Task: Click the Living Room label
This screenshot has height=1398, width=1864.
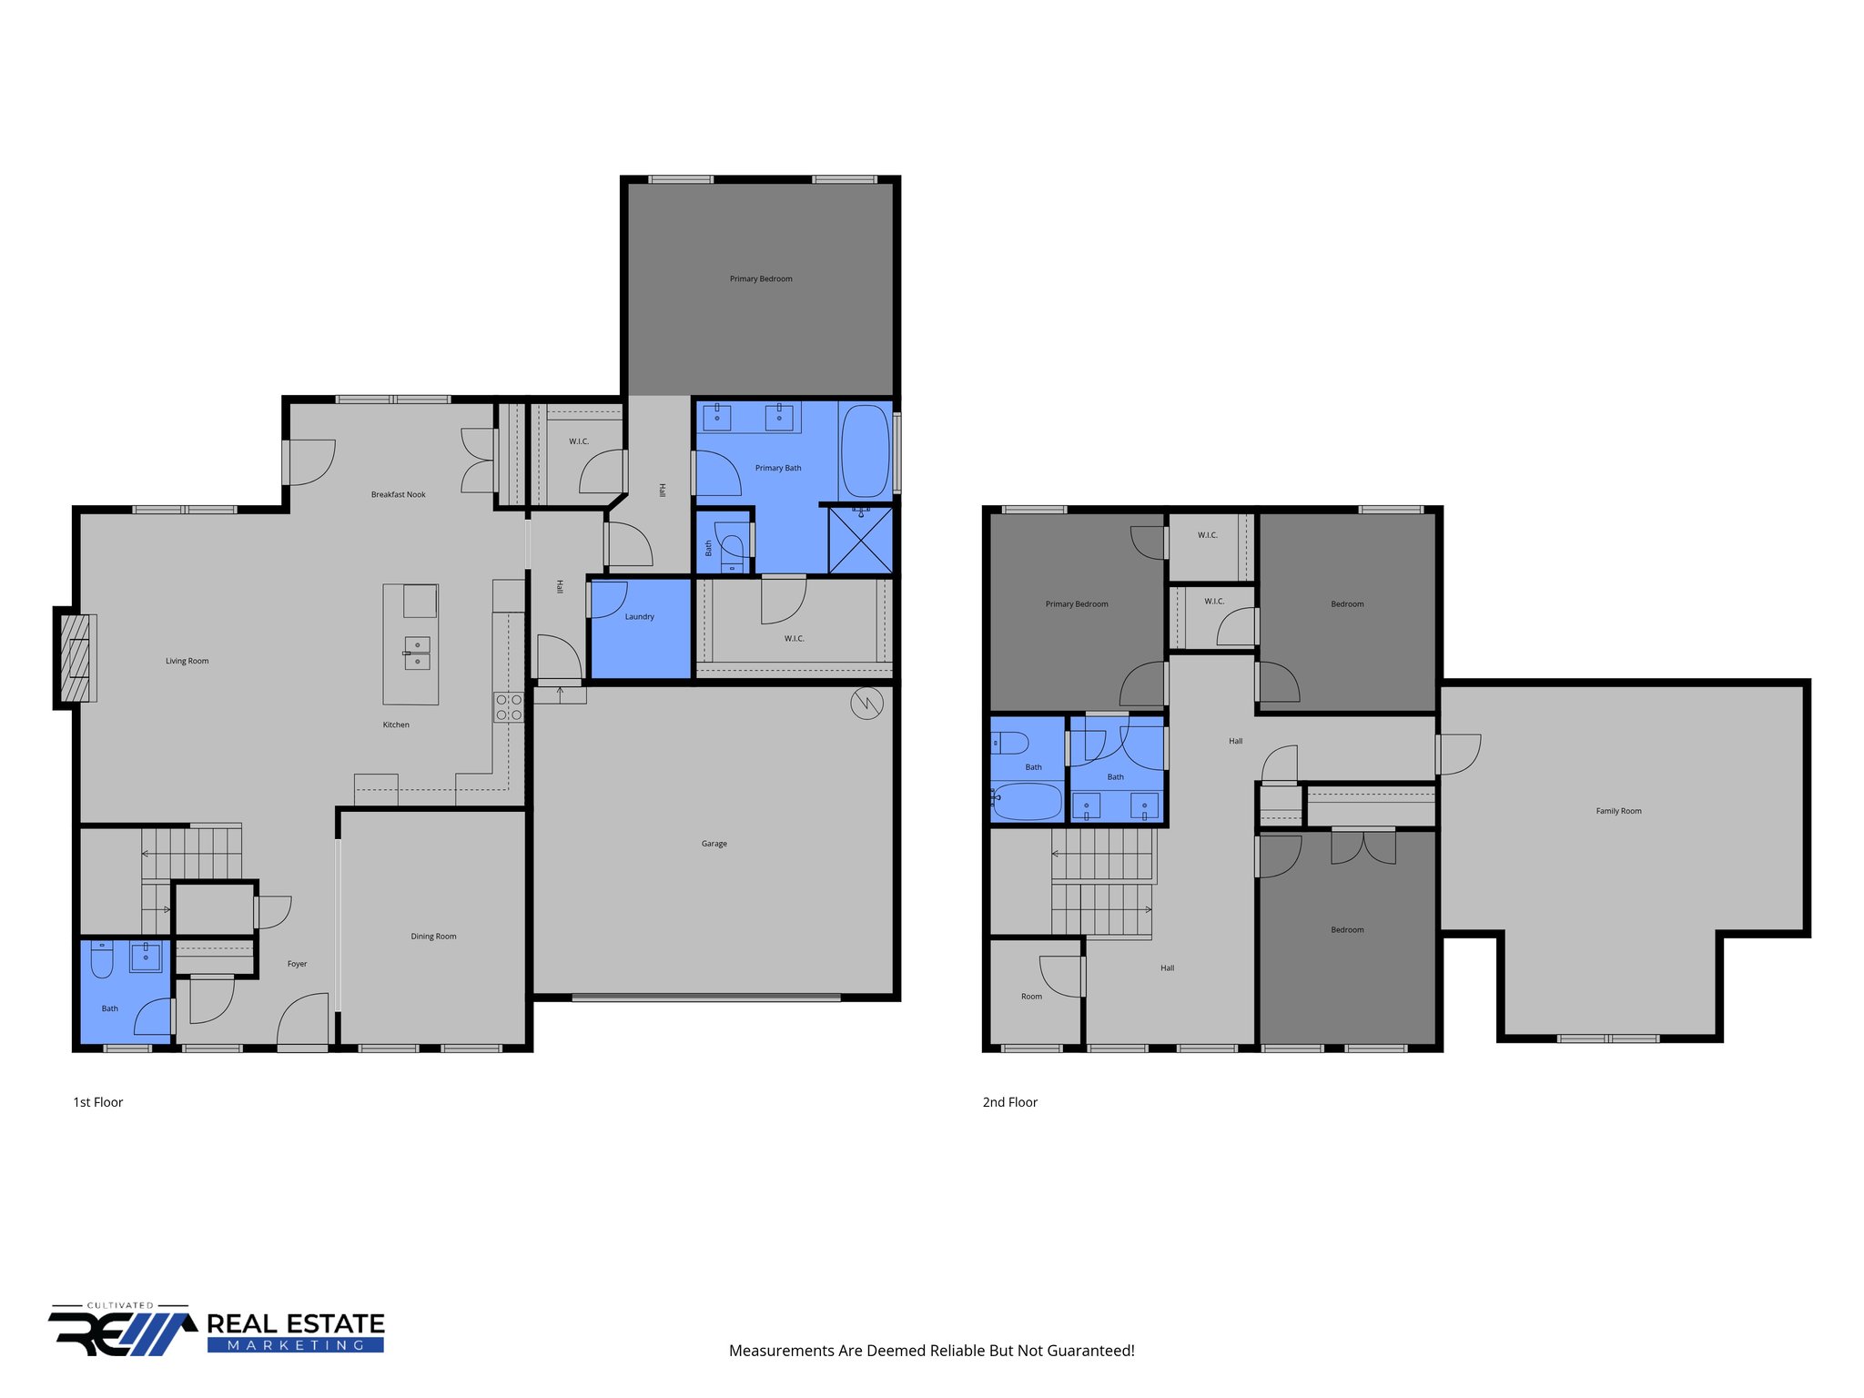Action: tap(187, 661)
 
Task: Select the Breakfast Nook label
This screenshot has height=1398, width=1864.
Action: tap(398, 494)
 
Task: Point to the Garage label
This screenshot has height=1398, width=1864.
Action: tap(714, 844)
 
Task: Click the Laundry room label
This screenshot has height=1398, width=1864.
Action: tap(639, 616)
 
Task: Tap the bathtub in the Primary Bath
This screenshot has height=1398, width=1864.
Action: tap(865, 451)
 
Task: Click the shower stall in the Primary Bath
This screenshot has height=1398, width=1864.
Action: tap(860, 542)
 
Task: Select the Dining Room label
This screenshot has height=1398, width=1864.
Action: tap(433, 936)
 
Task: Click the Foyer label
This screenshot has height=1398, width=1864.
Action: tap(297, 964)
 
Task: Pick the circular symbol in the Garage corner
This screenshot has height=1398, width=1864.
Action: tap(866, 703)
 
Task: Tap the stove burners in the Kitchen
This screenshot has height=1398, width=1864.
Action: tap(509, 707)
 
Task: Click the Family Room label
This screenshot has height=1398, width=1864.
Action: tap(1618, 811)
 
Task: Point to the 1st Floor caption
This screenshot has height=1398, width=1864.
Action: tap(97, 1102)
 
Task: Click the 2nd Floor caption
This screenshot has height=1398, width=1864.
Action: tap(1009, 1102)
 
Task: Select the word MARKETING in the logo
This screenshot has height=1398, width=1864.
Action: tap(295, 1345)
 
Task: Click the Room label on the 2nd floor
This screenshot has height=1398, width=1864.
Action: tap(1031, 997)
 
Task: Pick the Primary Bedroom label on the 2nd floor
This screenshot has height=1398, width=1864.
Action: tap(1077, 604)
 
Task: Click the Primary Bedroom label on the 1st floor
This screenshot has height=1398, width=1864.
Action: tap(761, 279)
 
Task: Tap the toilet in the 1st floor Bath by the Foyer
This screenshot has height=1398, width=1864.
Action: tap(102, 958)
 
